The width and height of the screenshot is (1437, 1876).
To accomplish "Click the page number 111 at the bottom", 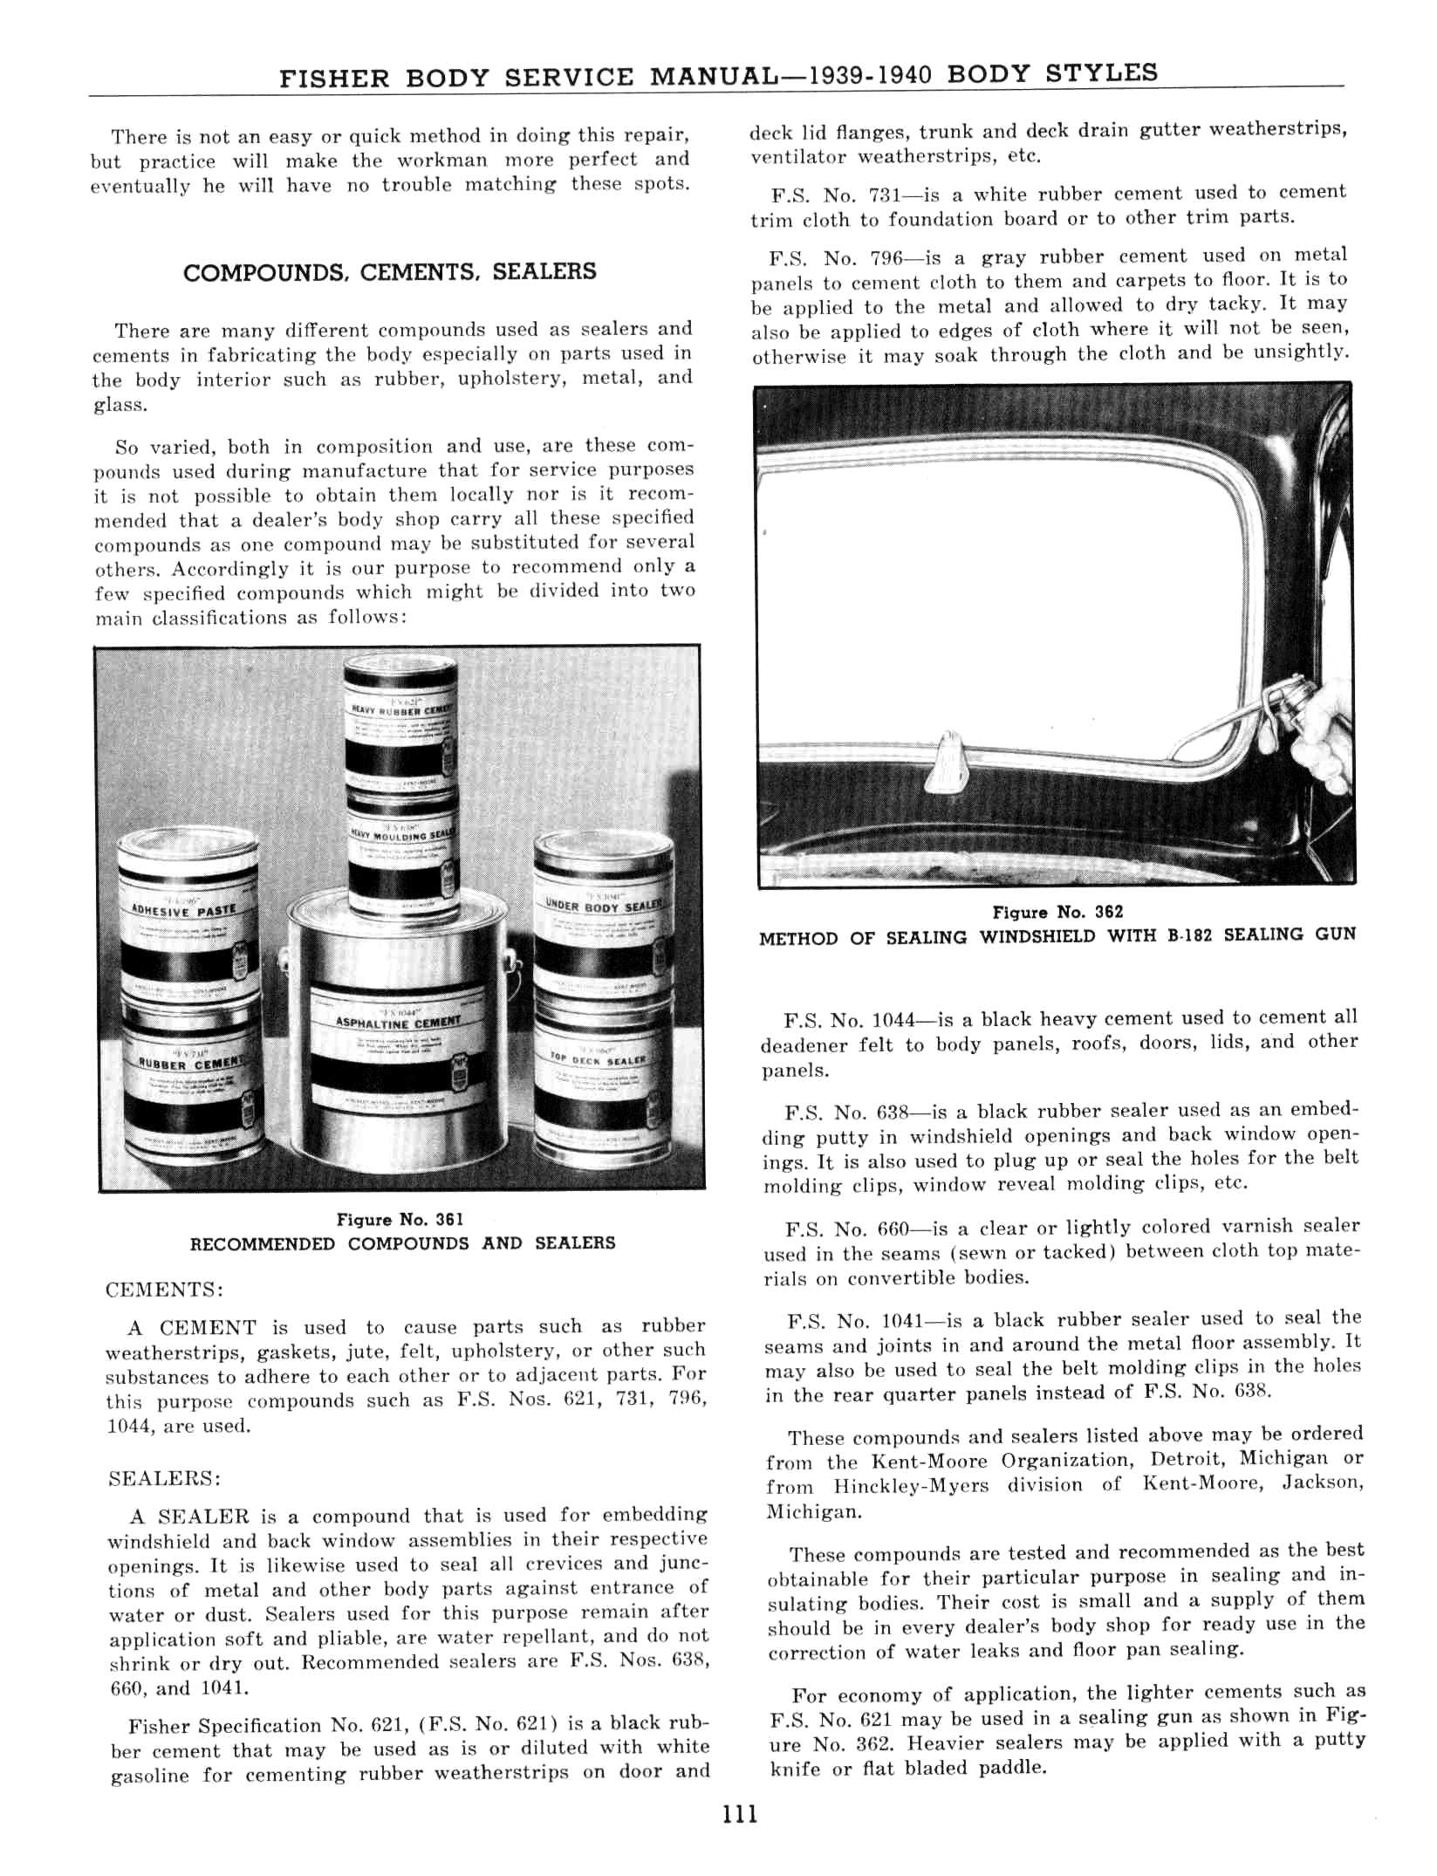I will click(x=740, y=1815).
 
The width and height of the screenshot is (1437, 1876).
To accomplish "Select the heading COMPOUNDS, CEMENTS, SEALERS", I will click(x=389, y=272).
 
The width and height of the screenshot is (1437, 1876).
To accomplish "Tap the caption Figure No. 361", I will click(x=400, y=1219).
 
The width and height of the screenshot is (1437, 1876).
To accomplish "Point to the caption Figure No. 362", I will click(x=1057, y=912).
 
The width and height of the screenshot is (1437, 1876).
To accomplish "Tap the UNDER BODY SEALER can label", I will click(x=604, y=906).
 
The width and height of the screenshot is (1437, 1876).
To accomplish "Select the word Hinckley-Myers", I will click(x=911, y=1486).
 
